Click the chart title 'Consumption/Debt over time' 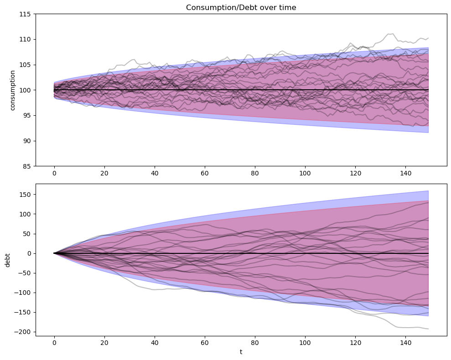241,7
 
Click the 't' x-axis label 241,352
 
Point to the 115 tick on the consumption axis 25,14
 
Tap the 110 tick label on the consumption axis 25,40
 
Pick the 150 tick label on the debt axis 25,195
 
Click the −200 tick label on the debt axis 23,332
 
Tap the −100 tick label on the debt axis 23,293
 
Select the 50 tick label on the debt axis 26,234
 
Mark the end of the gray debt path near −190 428,329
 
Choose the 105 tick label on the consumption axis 25,65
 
